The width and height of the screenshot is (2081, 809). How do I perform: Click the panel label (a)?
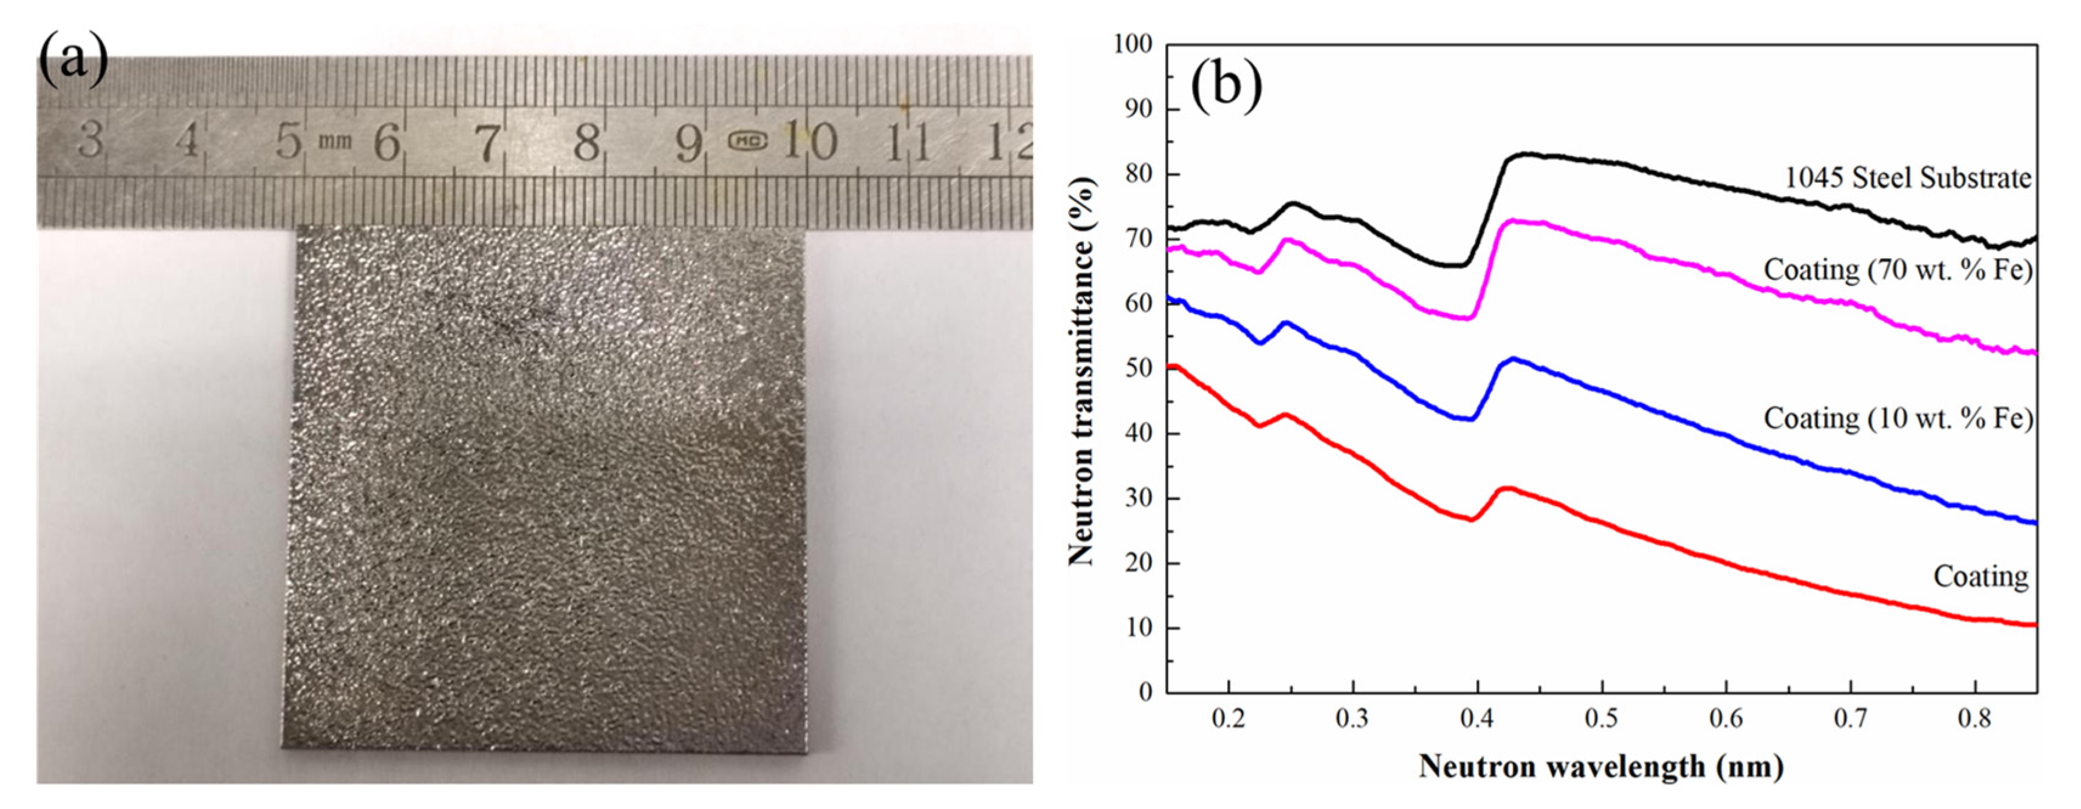tap(73, 61)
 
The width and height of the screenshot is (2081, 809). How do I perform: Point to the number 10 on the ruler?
tap(809, 142)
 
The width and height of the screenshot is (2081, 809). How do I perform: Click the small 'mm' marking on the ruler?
tap(334, 142)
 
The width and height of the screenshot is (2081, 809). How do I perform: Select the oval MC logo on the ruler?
tap(748, 142)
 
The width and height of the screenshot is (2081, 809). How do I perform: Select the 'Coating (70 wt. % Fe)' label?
tap(1898, 270)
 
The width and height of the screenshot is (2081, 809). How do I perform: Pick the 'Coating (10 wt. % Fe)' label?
tap(1898, 418)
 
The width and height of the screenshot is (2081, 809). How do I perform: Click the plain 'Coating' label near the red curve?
tap(1980, 576)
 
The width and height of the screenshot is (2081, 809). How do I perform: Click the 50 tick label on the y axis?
tap(1139, 369)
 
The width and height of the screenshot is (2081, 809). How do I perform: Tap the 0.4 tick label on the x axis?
tap(1476, 719)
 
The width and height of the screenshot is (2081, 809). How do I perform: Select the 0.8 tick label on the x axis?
tap(1974, 719)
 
